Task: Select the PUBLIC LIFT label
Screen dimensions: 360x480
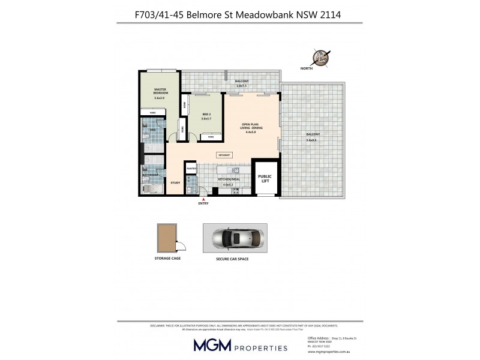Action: (265, 178)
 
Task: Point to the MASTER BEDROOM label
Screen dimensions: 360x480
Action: (159, 92)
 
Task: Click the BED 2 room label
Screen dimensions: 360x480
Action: (206, 115)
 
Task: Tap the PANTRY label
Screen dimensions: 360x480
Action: (191, 169)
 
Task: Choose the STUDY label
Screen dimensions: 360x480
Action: (175, 182)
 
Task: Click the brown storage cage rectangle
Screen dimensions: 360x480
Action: (166, 238)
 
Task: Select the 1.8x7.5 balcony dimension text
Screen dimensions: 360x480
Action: (242, 86)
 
